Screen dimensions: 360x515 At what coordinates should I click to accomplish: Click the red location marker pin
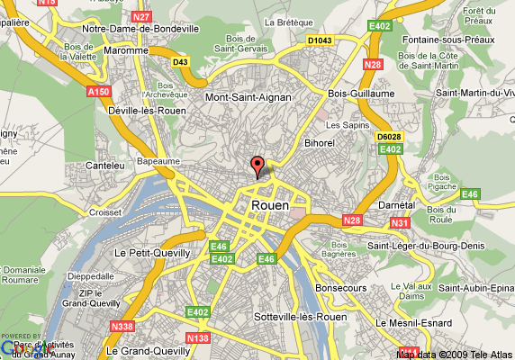[257, 166]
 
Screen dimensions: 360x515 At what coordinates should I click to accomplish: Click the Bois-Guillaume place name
[362, 93]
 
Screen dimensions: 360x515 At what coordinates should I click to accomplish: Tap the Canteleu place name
[103, 165]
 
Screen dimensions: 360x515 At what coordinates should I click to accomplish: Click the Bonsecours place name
[341, 288]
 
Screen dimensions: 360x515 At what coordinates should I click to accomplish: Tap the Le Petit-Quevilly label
[153, 253]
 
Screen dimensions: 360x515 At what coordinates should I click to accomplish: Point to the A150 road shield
[100, 91]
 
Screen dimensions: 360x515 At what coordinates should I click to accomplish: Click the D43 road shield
[181, 61]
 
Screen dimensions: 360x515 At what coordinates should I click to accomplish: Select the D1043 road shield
[320, 40]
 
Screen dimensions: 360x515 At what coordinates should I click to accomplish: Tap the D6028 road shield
[389, 136]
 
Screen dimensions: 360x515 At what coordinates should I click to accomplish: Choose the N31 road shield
[401, 222]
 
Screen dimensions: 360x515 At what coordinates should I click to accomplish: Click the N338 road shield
[124, 327]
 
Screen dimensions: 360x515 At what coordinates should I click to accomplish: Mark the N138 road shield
[199, 337]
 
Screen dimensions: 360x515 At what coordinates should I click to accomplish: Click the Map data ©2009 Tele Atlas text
[455, 354]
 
